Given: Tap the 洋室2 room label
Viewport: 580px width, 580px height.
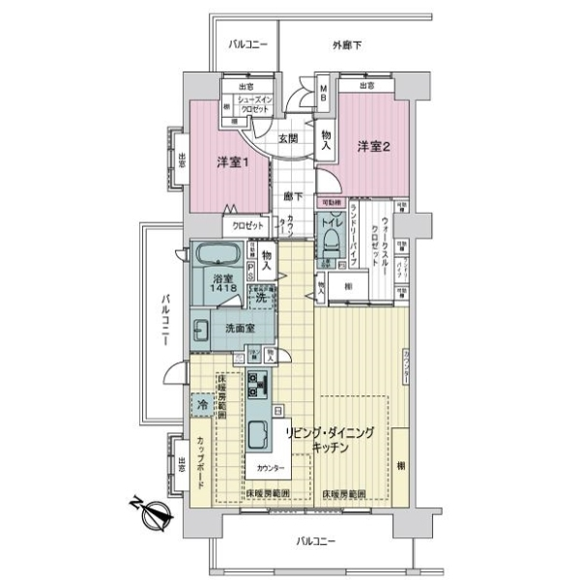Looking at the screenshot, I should tap(372, 147).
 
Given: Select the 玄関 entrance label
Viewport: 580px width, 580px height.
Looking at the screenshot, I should tap(289, 138).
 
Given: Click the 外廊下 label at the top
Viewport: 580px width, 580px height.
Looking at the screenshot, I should tap(348, 44).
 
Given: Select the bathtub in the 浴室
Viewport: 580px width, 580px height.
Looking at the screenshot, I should tap(220, 258).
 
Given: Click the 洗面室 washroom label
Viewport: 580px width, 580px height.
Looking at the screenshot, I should tap(240, 330).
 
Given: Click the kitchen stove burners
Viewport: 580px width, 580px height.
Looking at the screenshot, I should tap(258, 387).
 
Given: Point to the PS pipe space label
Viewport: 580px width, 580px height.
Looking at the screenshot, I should tap(250, 269).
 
